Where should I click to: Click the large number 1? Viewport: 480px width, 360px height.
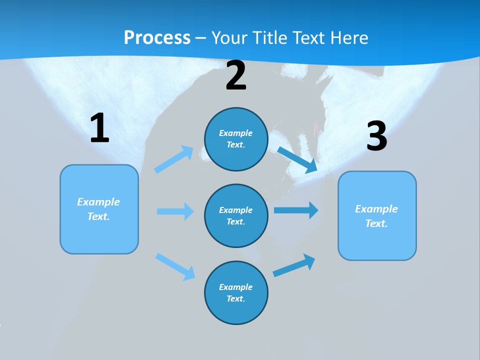coord(99,128)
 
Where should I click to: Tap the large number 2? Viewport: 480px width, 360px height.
coord(236,75)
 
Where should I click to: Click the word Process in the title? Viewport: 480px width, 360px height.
coord(157,37)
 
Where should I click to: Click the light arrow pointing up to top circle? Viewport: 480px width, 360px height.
coord(174,159)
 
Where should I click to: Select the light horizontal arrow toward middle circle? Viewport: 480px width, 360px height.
coord(175,211)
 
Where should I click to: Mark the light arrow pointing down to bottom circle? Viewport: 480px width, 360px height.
coord(175,266)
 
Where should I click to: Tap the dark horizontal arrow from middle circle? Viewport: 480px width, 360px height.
coord(296,210)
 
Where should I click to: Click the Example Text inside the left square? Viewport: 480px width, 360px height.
coord(98,209)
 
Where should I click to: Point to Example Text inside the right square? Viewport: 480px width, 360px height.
coord(376,216)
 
